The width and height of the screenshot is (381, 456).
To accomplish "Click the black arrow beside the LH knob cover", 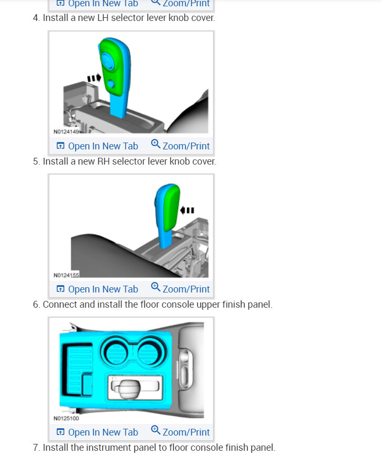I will point(94,78).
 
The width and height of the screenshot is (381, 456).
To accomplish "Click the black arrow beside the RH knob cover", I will point(187,210).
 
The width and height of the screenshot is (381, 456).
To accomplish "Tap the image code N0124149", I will point(66,132).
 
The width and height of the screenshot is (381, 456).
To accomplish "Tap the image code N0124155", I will point(66,275).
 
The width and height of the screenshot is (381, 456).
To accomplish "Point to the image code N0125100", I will point(66,418).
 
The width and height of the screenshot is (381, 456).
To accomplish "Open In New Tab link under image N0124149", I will point(97,146).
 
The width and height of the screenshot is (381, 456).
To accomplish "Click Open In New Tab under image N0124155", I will point(97,289).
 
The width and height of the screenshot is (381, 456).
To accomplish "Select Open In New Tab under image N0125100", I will point(97,432).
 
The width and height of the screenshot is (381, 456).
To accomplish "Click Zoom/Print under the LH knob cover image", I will point(180,146).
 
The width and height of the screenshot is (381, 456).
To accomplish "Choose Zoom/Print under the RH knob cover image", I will point(180,289).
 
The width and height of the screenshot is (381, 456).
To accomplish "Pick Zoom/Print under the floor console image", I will point(180,432).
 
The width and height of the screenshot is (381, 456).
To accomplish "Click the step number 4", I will point(36,18).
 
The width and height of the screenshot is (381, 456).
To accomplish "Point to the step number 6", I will point(36,305).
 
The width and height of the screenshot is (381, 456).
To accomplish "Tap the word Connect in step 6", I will point(59,305).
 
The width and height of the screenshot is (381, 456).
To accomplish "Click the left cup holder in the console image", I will point(117,350).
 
